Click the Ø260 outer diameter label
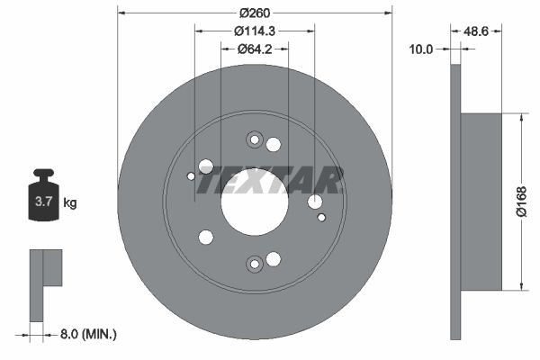pyautogui.click(x=255, y=13)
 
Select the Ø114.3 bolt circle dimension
pyautogui.click(x=255, y=31)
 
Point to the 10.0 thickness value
pyautogui.click(x=421, y=49)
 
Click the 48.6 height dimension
pyautogui.click(x=475, y=31)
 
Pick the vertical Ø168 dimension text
pyautogui.click(x=520, y=202)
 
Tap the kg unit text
pyautogui.click(x=69, y=203)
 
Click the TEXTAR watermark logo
pyautogui.click(x=270, y=181)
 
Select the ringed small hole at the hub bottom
pyautogui.click(x=254, y=263)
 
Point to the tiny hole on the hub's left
pyautogui.click(x=191, y=176)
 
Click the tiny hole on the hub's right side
pyautogui.click(x=322, y=217)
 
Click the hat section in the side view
pyautogui.click(x=481, y=202)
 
